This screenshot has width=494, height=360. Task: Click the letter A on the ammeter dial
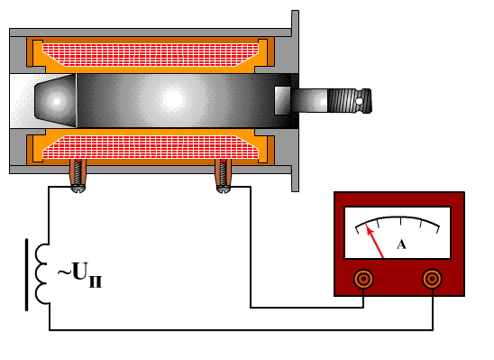401,245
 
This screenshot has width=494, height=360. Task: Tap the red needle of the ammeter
374,240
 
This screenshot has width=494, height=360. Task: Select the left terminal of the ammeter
363,279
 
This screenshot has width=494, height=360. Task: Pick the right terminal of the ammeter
432,279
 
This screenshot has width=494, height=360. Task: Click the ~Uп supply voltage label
79,273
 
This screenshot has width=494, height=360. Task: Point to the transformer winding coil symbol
41,273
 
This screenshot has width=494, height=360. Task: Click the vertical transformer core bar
26,274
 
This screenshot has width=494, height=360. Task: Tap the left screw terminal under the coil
78,176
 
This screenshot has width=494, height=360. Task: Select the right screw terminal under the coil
224,176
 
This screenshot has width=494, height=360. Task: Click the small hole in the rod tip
359,101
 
